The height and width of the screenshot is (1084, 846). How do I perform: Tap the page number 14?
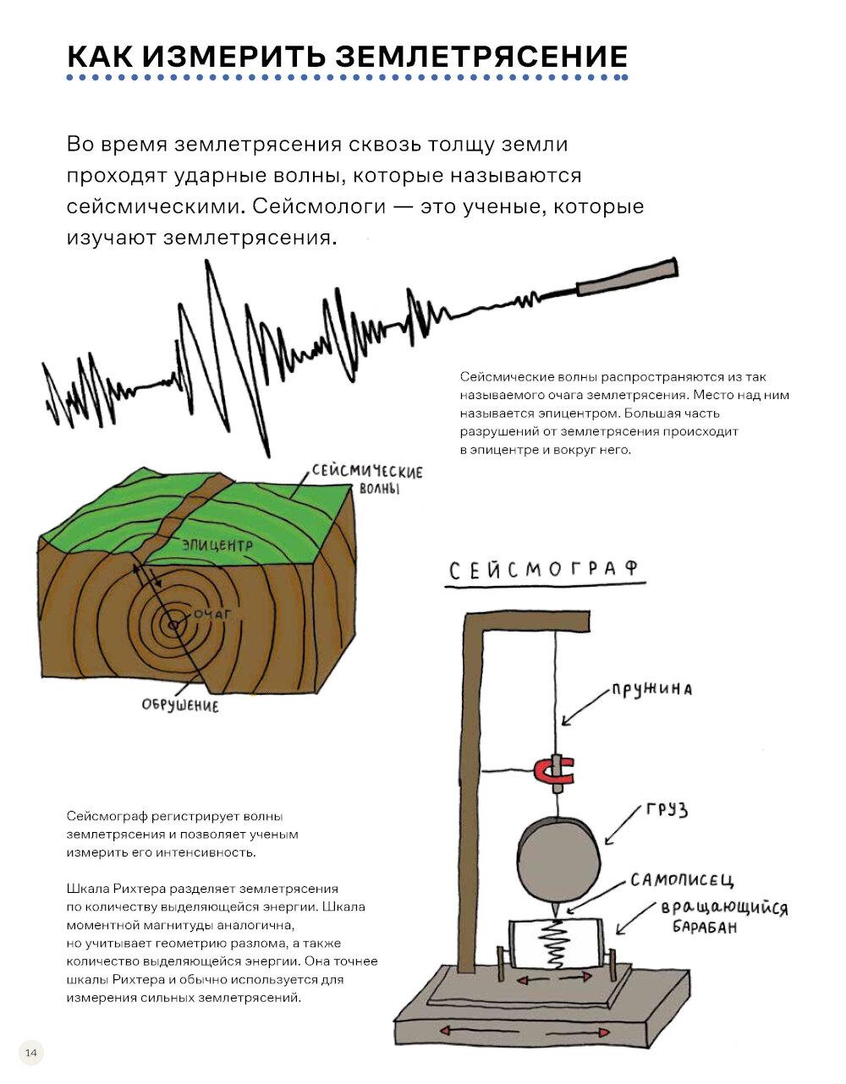coord(31,1053)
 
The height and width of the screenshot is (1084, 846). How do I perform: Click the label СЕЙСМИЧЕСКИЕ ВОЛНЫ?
coord(366,479)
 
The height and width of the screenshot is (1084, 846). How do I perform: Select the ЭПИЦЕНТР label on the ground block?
coord(217,546)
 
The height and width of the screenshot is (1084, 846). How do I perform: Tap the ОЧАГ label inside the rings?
coord(212,615)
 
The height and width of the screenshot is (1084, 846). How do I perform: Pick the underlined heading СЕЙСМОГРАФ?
coord(542,570)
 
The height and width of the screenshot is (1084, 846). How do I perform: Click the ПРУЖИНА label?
coord(652,689)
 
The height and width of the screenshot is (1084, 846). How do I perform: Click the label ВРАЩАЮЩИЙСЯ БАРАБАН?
coord(723,917)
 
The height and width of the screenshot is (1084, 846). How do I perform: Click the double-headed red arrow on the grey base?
coord(523,1032)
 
